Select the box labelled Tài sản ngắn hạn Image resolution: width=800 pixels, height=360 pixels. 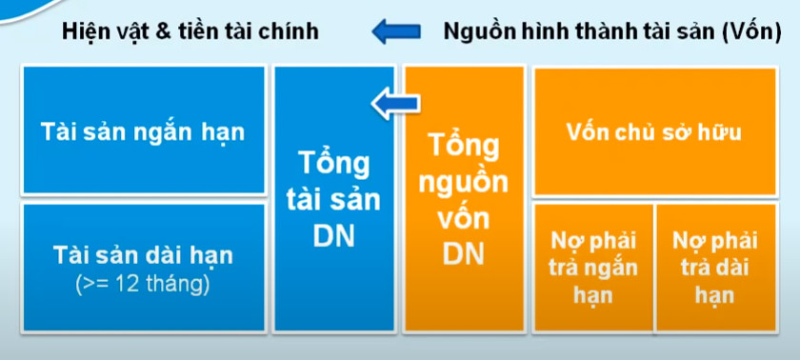pyautogui.click(x=143, y=131)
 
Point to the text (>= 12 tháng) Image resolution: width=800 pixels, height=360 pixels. pyautogui.click(x=143, y=283)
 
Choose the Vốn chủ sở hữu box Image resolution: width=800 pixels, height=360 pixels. pyautogui.click(x=653, y=131)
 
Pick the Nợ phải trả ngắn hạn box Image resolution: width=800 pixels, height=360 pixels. pyautogui.click(x=592, y=267)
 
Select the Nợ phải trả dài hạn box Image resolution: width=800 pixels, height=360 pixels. pyautogui.click(x=715, y=267)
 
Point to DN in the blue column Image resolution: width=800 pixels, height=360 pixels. pyautogui.click(x=333, y=235)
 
